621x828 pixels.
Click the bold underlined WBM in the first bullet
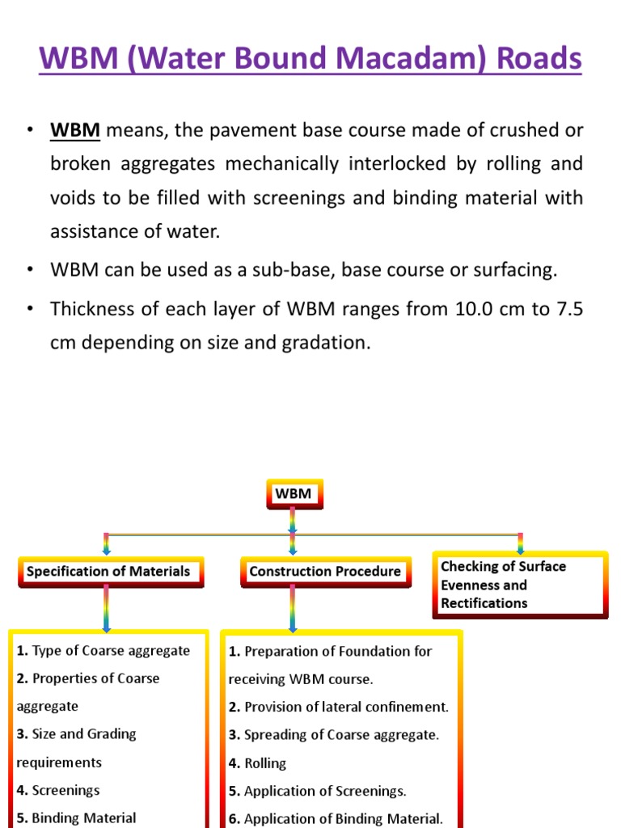pyautogui.click(x=75, y=130)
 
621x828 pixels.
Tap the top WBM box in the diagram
pyautogui.click(x=294, y=493)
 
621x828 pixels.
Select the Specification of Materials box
pyautogui.click(x=108, y=572)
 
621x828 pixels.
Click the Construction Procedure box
pyautogui.click(x=324, y=572)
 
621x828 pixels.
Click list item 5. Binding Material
pyautogui.click(x=76, y=817)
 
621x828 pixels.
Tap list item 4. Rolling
pyautogui.click(x=258, y=763)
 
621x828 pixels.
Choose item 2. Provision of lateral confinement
pyautogui.click(x=339, y=707)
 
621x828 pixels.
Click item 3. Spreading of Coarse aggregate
pyautogui.click(x=334, y=734)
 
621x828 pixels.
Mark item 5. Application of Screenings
pyautogui.click(x=318, y=791)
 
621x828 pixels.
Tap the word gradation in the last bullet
pyautogui.click(x=323, y=342)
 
